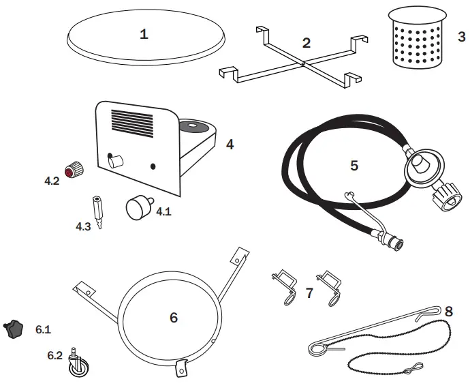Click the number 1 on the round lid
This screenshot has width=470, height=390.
click(x=144, y=35)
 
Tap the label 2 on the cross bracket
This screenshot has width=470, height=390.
click(x=306, y=43)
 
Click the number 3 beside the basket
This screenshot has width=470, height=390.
click(x=461, y=36)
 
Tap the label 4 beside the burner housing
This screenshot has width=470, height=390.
click(x=230, y=145)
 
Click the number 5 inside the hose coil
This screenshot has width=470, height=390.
click(x=354, y=165)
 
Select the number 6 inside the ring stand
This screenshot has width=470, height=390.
click(x=173, y=317)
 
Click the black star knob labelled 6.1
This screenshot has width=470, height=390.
click(x=14, y=328)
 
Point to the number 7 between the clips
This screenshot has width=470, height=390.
click(x=309, y=293)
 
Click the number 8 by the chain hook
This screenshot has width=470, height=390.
click(x=448, y=311)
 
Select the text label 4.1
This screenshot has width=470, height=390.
click(x=163, y=212)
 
